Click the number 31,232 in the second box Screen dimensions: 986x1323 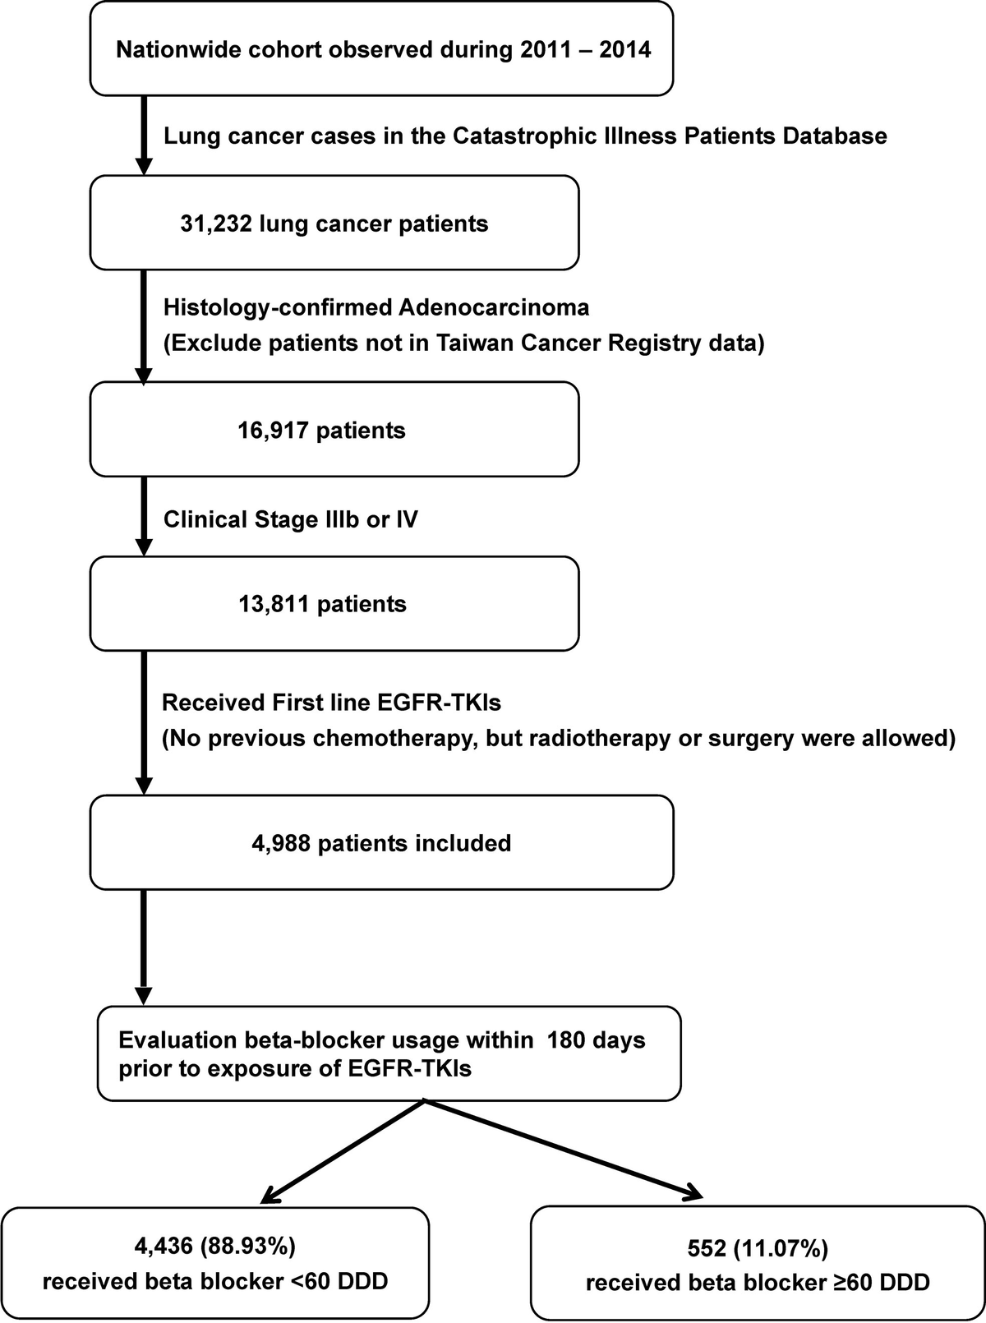[x=216, y=224]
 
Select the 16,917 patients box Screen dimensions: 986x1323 [x=334, y=429]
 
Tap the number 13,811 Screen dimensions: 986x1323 [x=274, y=604]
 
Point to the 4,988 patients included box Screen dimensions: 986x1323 [x=381, y=842]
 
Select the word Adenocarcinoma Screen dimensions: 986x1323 [x=494, y=307]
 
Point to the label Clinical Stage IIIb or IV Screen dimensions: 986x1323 [x=291, y=519]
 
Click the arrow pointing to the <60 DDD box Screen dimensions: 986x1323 [x=343, y=1151]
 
